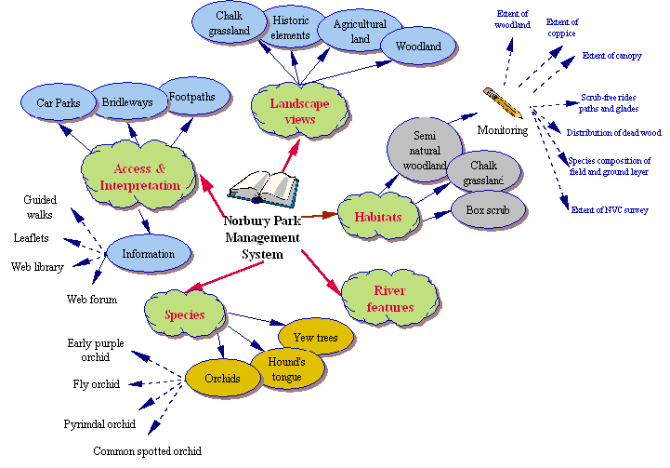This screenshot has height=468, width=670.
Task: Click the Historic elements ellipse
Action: pyautogui.click(x=291, y=26)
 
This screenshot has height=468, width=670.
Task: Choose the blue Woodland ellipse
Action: pyautogui.click(x=418, y=46)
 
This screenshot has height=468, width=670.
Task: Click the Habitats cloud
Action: pyautogui.click(x=377, y=217)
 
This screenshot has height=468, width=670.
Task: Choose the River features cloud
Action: pyautogui.click(x=389, y=299)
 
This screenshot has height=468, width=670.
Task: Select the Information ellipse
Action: pyautogui.click(x=149, y=254)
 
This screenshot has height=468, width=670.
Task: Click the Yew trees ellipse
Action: pyautogui.click(x=316, y=337)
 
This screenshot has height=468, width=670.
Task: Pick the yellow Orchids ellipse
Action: pyautogui.click(x=223, y=378)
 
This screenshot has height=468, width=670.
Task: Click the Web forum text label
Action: pyautogui.click(x=92, y=299)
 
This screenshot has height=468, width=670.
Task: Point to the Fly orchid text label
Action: pyautogui.click(x=97, y=383)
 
